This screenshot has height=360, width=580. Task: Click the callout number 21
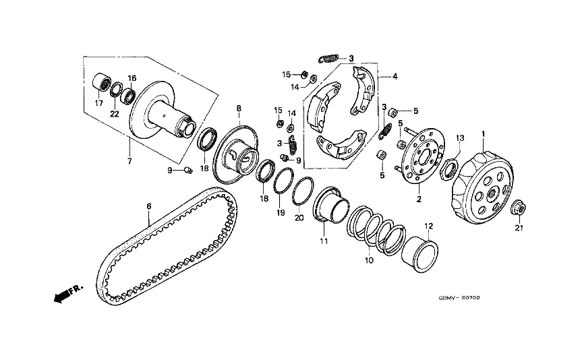(x=519, y=229)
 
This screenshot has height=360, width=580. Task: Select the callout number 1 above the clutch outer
(x=483, y=135)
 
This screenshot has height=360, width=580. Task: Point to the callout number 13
(x=459, y=138)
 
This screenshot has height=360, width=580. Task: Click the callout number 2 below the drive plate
(x=418, y=200)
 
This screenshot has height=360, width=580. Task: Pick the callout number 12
(x=427, y=226)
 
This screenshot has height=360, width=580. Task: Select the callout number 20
(x=299, y=217)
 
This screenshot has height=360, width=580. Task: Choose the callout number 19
(x=281, y=212)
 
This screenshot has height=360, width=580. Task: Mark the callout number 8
(x=238, y=108)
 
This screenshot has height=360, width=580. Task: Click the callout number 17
(x=98, y=103)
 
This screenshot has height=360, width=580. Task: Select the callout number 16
(x=132, y=78)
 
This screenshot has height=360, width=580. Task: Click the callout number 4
(x=395, y=77)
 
